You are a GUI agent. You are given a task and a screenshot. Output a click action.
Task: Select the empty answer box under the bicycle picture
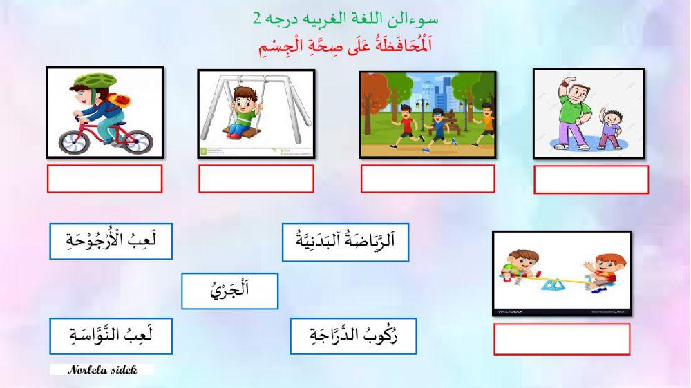coord(104,179)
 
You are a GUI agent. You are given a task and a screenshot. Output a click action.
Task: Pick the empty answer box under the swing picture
coord(256,179)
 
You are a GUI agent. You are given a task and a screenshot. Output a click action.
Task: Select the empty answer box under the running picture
coord(427,179)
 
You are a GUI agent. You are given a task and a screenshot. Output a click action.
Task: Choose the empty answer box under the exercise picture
coord(591,180)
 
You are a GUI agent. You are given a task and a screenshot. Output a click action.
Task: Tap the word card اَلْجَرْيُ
coord(229,291)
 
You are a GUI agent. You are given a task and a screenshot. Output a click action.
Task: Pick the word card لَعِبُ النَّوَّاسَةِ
coord(111,336)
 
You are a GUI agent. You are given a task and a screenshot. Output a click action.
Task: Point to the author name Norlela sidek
coord(102,369)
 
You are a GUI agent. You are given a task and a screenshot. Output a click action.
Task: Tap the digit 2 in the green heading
coord(257,19)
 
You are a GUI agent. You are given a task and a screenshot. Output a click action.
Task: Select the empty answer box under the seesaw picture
coord(561,339)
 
